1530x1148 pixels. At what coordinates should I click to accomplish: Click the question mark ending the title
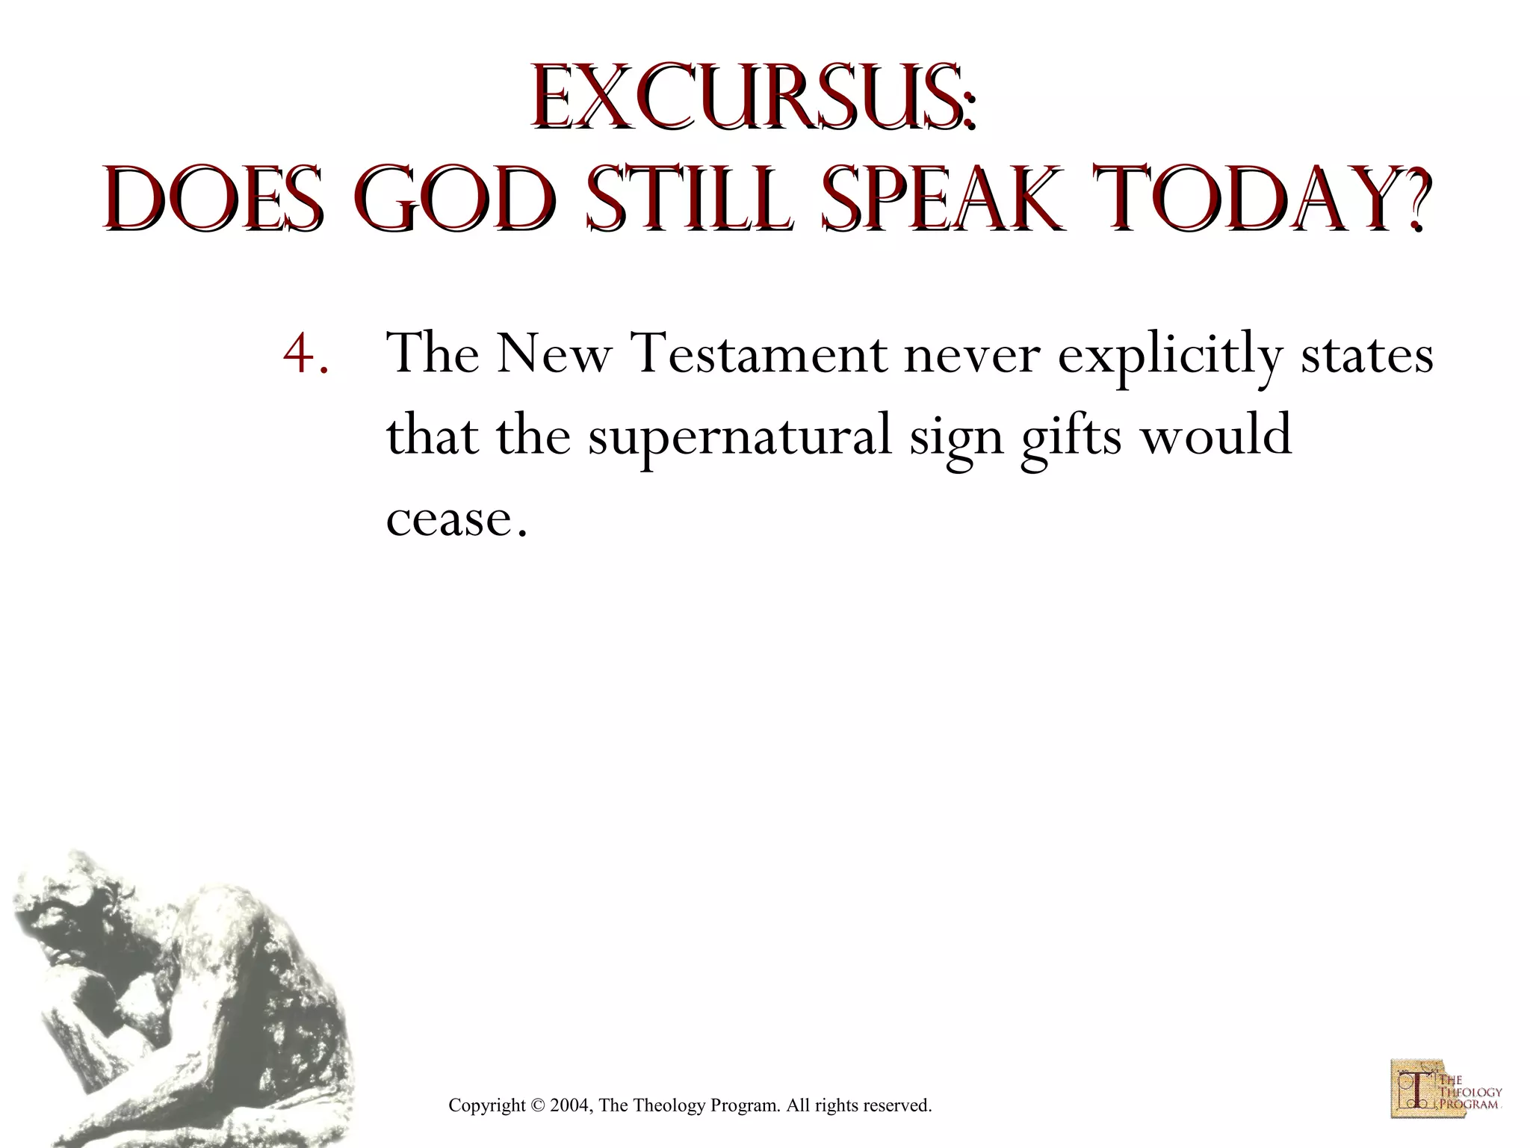[x=1412, y=200]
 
